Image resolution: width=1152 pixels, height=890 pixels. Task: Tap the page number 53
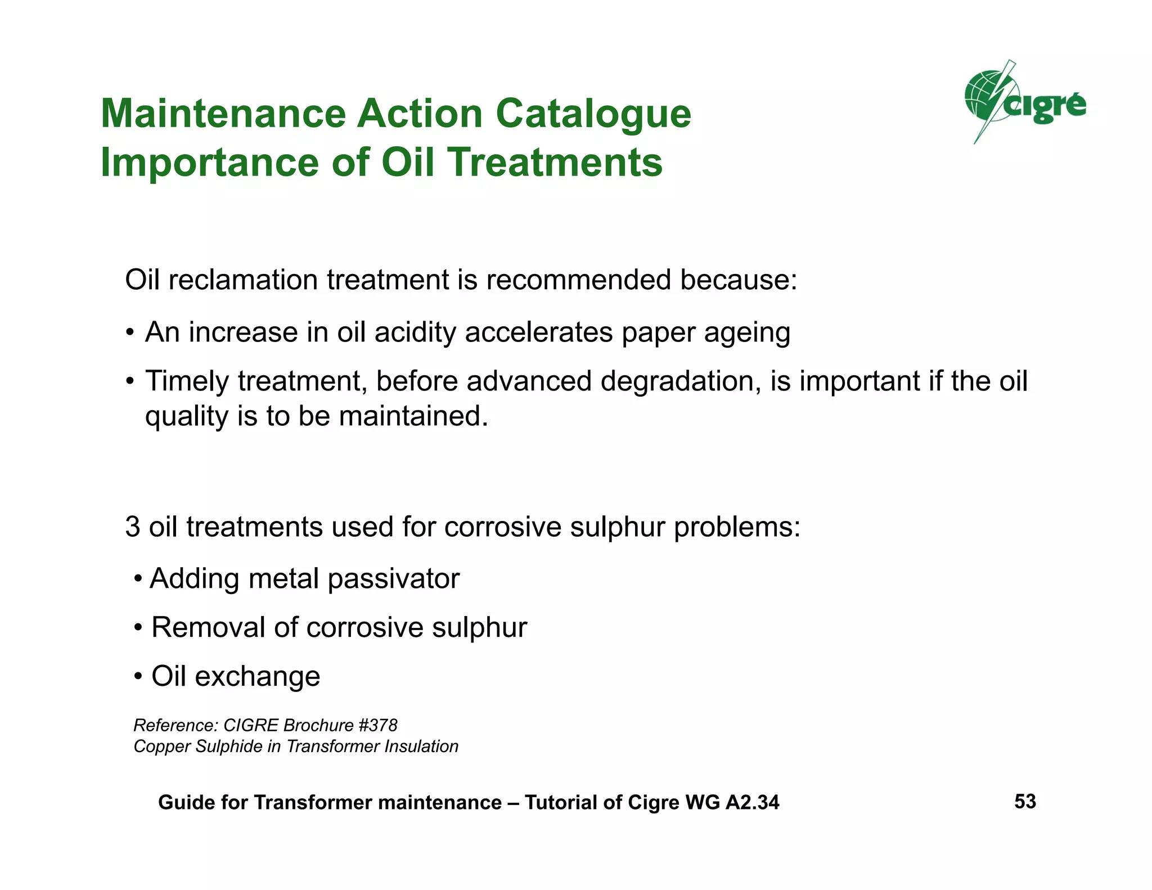click(1025, 801)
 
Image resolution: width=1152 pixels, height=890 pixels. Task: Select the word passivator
click(393, 578)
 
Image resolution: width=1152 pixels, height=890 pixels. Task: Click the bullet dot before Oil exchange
click(138, 676)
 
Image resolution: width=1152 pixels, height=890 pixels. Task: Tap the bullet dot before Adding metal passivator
click(138, 579)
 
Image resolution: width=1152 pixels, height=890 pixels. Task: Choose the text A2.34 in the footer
click(752, 802)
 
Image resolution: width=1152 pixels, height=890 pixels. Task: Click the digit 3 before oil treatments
click(132, 527)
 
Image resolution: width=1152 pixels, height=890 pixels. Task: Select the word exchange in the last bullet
click(257, 676)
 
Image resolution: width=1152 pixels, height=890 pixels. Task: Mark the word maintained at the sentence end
click(412, 416)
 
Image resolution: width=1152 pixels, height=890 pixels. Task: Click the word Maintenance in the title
click(223, 114)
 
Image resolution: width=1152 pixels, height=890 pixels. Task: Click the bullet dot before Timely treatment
click(130, 381)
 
